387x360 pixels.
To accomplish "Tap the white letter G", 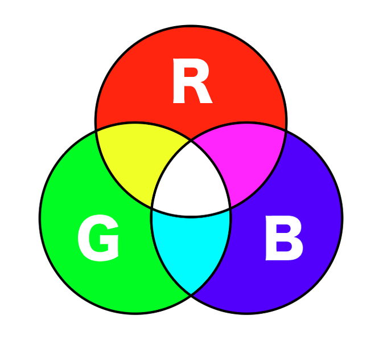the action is click(99, 240).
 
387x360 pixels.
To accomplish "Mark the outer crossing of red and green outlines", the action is click(96, 130).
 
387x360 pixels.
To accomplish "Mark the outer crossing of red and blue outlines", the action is click(286, 130).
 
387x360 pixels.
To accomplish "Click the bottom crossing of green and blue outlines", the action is click(191, 294).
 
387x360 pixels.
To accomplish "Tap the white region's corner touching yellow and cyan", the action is click(152, 208).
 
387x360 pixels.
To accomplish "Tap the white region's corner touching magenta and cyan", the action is click(230, 208).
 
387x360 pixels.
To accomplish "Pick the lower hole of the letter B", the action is click(283, 249).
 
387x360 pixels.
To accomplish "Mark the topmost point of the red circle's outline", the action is click(191, 26).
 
